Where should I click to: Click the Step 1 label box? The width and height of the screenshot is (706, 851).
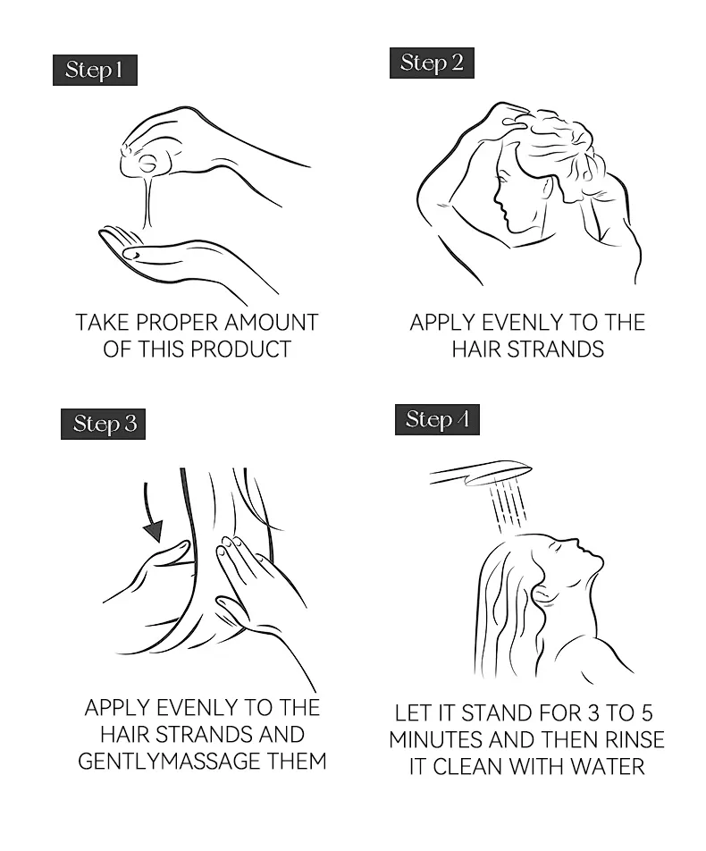click(95, 70)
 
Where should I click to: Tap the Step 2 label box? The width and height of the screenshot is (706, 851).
click(432, 63)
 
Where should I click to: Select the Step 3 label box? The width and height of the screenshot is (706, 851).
click(103, 424)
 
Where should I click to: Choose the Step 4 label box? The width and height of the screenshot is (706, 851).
click(437, 419)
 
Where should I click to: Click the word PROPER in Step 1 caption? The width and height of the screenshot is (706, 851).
click(178, 323)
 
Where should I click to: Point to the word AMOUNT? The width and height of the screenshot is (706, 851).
click(272, 323)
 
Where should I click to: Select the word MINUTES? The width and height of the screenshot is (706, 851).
click(436, 740)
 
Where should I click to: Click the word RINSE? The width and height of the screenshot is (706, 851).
click(635, 740)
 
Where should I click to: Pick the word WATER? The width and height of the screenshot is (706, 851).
click(608, 766)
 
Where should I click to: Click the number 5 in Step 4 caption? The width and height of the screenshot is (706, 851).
click(646, 713)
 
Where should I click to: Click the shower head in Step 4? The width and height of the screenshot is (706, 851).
click(481, 473)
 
